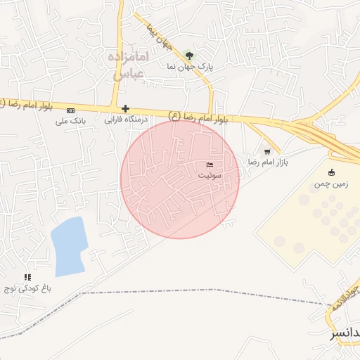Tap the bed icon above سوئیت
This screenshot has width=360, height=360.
210,164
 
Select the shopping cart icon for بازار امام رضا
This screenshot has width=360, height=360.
267,151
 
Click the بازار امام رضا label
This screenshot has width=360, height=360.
268,162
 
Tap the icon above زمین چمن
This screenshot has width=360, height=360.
332,172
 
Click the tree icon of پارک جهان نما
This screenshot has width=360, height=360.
188,55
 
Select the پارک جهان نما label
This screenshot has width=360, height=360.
189,65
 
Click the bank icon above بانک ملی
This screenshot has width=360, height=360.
70,110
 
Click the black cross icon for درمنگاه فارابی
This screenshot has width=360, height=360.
126,109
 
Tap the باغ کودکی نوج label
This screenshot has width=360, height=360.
29,288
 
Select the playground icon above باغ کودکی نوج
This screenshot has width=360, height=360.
27,278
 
